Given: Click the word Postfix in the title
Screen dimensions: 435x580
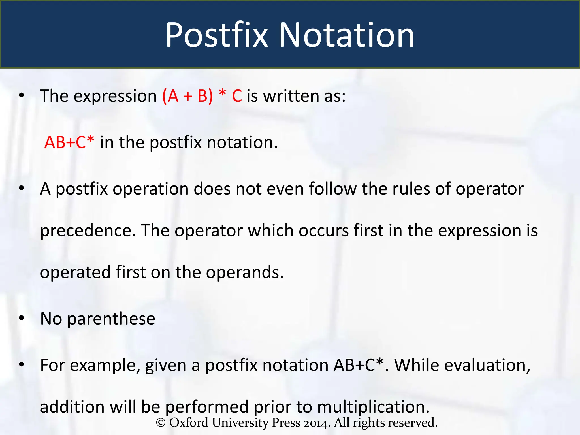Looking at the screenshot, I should coord(216,35).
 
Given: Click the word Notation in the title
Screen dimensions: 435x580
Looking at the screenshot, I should coord(347,35).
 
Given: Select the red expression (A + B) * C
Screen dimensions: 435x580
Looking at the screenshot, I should coord(202,96).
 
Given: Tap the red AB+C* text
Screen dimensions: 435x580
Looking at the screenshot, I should coord(69,142).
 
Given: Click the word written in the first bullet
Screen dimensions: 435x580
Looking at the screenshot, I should coord(291,96).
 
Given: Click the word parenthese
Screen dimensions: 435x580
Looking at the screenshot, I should coord(111,319).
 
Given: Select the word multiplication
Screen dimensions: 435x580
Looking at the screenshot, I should coord(373,407).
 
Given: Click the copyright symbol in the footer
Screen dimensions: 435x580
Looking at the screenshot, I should coord(161,423).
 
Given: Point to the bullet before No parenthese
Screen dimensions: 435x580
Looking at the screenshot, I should coord(22,318).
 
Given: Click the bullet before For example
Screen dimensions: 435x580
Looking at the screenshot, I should coord(22,365).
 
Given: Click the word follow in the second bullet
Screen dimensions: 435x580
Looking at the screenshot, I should coord(332,189).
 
